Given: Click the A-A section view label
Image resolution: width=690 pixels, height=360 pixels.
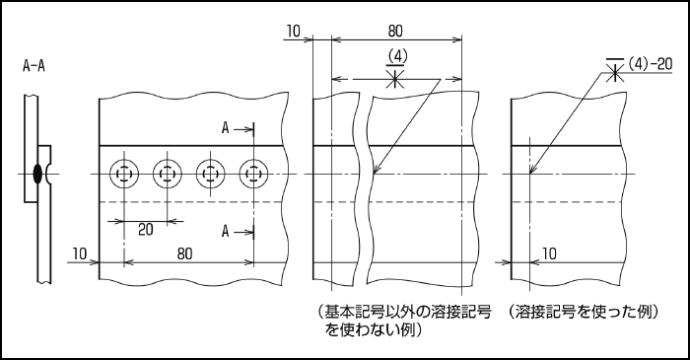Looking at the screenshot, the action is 34,66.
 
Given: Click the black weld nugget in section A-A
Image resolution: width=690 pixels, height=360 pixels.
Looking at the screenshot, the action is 38,174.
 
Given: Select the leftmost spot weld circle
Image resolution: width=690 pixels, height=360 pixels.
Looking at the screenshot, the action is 124,174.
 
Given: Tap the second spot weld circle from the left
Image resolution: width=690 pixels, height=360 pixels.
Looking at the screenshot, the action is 168,174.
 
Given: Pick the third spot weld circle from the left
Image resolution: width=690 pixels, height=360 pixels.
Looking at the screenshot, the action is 210,174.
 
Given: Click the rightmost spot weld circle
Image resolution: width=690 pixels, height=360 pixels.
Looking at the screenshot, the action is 253,174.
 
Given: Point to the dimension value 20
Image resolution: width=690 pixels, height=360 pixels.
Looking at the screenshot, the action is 146,229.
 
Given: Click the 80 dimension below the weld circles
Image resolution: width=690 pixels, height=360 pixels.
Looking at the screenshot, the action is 185,253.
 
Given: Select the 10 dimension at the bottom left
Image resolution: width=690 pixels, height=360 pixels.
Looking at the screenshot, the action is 80,253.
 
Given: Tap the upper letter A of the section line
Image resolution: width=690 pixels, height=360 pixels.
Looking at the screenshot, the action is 226,128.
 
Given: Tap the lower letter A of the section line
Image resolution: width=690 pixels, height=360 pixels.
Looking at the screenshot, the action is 226,231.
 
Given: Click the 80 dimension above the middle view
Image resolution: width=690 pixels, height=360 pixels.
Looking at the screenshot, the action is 395,31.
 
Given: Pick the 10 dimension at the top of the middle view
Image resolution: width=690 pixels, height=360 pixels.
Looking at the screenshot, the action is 294,31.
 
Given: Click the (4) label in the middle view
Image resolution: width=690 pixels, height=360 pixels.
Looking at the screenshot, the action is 397,56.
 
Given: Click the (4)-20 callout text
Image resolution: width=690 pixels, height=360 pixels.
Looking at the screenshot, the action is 650,64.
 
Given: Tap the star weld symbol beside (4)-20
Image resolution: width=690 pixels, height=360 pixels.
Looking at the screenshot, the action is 615,70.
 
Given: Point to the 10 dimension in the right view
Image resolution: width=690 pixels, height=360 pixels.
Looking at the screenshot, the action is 549,253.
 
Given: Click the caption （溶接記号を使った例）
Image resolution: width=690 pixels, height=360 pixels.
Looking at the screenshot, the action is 584,312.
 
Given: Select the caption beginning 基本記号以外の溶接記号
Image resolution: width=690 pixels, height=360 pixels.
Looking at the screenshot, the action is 403,321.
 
